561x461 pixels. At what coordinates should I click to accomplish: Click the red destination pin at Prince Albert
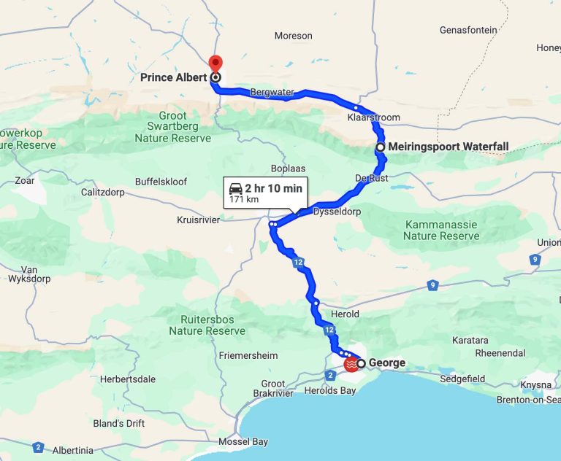(215, 63)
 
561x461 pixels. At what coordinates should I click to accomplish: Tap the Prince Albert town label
(174, 77)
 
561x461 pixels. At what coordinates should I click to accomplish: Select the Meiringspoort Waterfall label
(448, 147)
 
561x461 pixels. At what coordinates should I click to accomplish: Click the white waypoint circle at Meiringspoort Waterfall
(381, 147)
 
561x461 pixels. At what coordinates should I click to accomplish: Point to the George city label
(387, 363)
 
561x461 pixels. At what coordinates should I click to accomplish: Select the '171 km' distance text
(245, 199)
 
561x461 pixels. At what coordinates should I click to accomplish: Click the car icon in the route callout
(236, 188)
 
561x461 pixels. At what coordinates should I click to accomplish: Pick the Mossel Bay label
(243, 441)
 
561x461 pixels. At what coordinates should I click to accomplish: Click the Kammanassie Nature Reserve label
(441, 230)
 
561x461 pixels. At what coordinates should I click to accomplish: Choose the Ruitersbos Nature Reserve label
(207, 325)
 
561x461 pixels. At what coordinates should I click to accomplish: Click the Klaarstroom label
(374, 117)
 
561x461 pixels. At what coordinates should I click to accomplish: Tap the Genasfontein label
(468, 30)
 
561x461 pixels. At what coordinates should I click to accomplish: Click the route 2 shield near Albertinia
(37, 447)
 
